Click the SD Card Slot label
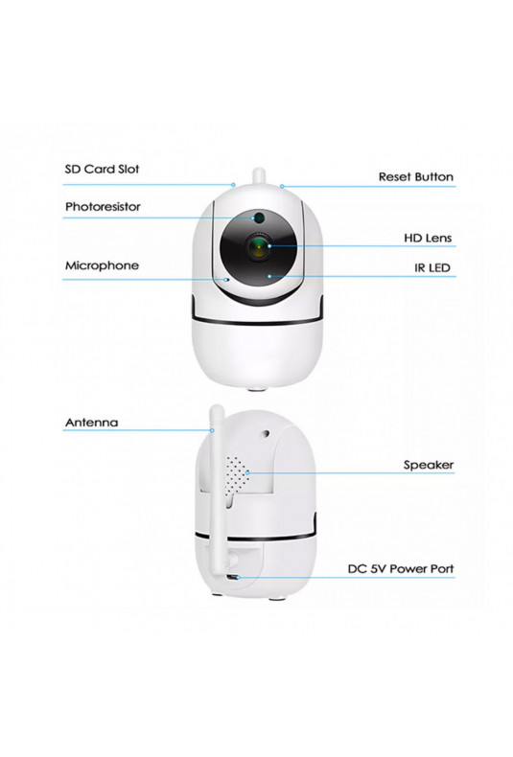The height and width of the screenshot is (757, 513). (102, 169)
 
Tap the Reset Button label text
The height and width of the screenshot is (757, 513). (416, 176)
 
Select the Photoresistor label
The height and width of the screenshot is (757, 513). (103, 207)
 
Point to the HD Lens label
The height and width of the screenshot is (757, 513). (428, 238)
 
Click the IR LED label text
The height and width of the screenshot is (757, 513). (432, 268)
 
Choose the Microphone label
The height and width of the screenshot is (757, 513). (102, 265)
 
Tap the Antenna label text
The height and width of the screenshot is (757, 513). (91, 423)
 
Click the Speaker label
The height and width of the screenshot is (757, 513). (429, 465)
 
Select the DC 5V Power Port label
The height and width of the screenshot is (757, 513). (401, 569)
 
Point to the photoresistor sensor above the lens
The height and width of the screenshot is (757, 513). (259, 218)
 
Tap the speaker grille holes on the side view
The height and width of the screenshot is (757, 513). (237, 474)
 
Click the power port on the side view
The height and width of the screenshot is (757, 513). (234, 578)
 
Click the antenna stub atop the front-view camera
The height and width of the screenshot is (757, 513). (259, 177)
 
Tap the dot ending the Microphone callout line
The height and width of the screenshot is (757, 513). (226, 279)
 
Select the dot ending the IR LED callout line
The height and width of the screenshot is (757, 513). (269, 276)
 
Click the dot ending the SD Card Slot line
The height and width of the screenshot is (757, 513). (233, 184)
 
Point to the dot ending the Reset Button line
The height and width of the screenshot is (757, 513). (282, 186)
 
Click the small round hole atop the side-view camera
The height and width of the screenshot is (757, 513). (265, 433)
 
